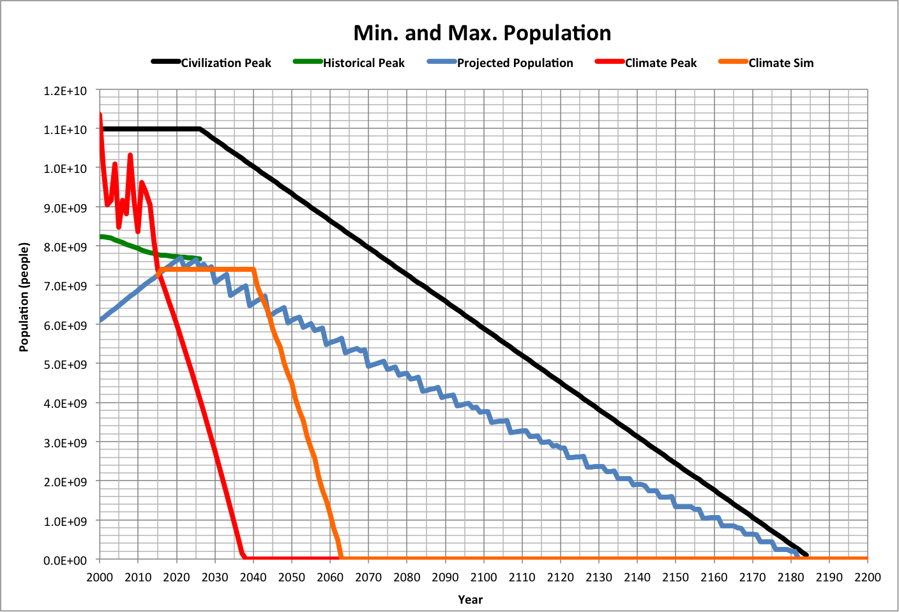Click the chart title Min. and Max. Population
tap(482, 33)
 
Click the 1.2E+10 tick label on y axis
tap(65, 91)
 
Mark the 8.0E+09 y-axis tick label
tap(65, 247)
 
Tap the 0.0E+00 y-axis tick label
tap(65, 560)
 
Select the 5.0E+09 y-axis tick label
tap(65, 364)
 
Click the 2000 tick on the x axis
tap(100, 578)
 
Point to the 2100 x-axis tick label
tap(483, 578)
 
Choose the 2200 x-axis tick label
tap(867, 578)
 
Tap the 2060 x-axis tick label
tap(329, 578)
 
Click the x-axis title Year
tap(470, 599)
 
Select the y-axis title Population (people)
tap(24, 297)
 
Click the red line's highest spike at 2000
tap(100, 115)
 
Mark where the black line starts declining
tap(200, 129)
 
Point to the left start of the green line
tap(101, 237)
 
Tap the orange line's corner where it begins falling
tap(253, 269)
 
